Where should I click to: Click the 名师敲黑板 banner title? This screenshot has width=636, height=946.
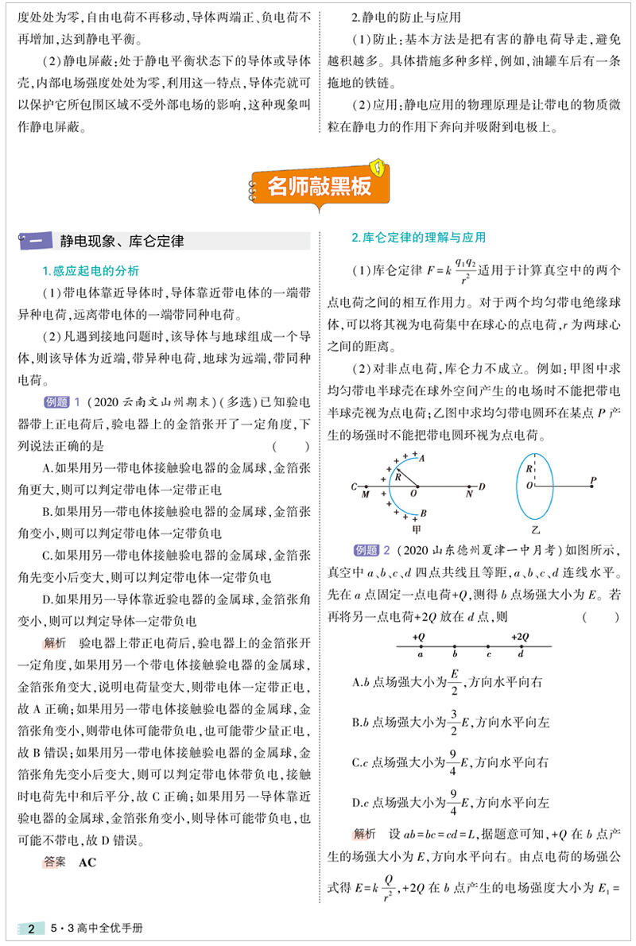pos(319,188)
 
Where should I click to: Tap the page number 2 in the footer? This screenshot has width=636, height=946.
pos(30,929)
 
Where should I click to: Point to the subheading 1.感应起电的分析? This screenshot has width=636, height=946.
pos(91,270)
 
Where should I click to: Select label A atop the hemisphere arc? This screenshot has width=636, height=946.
pos(421,458)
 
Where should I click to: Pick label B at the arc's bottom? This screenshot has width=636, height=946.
pos(424,514)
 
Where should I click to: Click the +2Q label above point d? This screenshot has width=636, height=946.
pos(520,637)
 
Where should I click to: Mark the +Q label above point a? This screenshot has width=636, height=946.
pos(420,637)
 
